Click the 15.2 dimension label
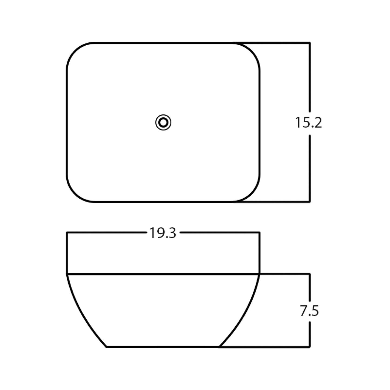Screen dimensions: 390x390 click(308, 123)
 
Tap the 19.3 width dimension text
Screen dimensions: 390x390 click(163, 233)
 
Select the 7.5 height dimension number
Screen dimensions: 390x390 click(309, 311)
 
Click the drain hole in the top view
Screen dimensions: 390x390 click(163, 123)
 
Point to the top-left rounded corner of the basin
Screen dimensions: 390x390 click(75, 51)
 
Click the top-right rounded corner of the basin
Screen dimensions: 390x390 click(252, 51)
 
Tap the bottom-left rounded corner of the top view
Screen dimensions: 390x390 click(75, 194)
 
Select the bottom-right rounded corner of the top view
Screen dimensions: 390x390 click(252, 194)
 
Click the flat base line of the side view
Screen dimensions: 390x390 click(163, 347)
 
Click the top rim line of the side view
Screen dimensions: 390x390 click(163, 274)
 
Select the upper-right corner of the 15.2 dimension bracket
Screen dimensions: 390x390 click(310, 43)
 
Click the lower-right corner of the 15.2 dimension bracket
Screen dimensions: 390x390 click(310, 201)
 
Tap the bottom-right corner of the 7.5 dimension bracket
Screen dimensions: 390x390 click(310, 346)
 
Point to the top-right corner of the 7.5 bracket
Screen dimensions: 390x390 click(310, 274)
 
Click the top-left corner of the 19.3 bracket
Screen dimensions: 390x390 click(67, 232)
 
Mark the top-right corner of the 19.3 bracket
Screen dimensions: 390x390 click(259, 232)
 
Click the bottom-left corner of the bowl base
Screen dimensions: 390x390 click(107, 347)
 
